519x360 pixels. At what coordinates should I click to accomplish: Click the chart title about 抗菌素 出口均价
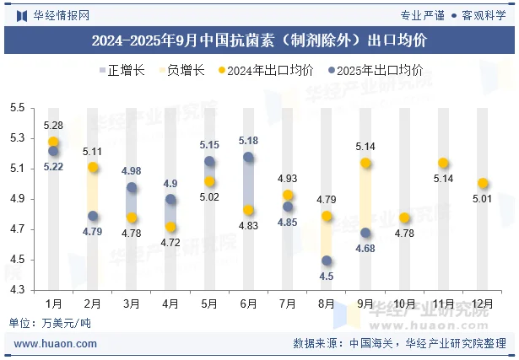[259, 40]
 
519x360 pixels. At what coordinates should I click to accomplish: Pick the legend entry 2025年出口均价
[380, 71]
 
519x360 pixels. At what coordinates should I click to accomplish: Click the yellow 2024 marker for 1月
[53, 142]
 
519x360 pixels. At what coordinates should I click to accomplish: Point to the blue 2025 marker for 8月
[327, 261]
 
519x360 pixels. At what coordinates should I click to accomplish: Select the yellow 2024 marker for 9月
[365, 164]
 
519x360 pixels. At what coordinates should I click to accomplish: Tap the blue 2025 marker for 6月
[248, 157]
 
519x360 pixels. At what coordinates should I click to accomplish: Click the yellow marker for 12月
[483, 183]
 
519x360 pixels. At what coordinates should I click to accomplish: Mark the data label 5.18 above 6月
[248, 141]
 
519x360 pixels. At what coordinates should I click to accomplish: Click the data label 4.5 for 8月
[327, 276]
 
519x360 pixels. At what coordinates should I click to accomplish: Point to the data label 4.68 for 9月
[365, 249]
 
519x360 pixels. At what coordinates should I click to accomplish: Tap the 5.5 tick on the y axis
[18, 108]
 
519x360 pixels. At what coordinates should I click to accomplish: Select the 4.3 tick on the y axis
[18, 290]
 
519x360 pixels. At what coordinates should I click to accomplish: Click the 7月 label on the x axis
[287, 303]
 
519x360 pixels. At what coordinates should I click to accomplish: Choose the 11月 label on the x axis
[443, 303]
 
